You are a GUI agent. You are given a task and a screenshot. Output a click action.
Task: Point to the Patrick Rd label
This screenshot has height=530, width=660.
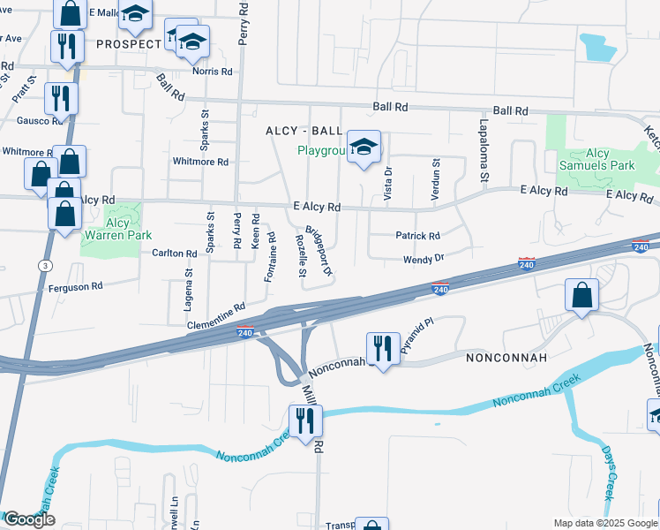click(x=417, y=236)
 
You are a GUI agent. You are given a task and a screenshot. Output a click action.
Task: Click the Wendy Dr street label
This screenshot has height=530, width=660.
click(x=422, y=259)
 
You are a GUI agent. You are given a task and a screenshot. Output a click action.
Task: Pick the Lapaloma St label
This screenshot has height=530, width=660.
click(x=484, y=151)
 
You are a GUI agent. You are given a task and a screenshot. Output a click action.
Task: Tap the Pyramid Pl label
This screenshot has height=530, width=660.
click(x=417, y=337)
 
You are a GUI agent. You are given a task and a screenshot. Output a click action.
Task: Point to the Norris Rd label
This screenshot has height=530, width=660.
click(x=214, y=72)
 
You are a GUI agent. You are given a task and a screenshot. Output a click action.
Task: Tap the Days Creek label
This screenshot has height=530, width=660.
click(x=610, y=472)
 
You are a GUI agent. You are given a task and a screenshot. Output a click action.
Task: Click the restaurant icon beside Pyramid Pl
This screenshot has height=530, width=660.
click(x=383, y=348)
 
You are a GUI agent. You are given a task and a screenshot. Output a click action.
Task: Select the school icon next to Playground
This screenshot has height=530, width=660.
click(x=364, y=148)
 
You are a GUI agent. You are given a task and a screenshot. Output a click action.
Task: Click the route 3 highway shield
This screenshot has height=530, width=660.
click(x=43, y=265)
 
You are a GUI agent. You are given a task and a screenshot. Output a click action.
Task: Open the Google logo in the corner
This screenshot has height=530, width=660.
click(x=28, y=519)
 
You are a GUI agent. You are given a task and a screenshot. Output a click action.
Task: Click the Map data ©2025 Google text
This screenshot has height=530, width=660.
click(x=604, y=523)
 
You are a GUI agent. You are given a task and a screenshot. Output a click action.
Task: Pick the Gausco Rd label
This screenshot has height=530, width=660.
click(x=34, y=120)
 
